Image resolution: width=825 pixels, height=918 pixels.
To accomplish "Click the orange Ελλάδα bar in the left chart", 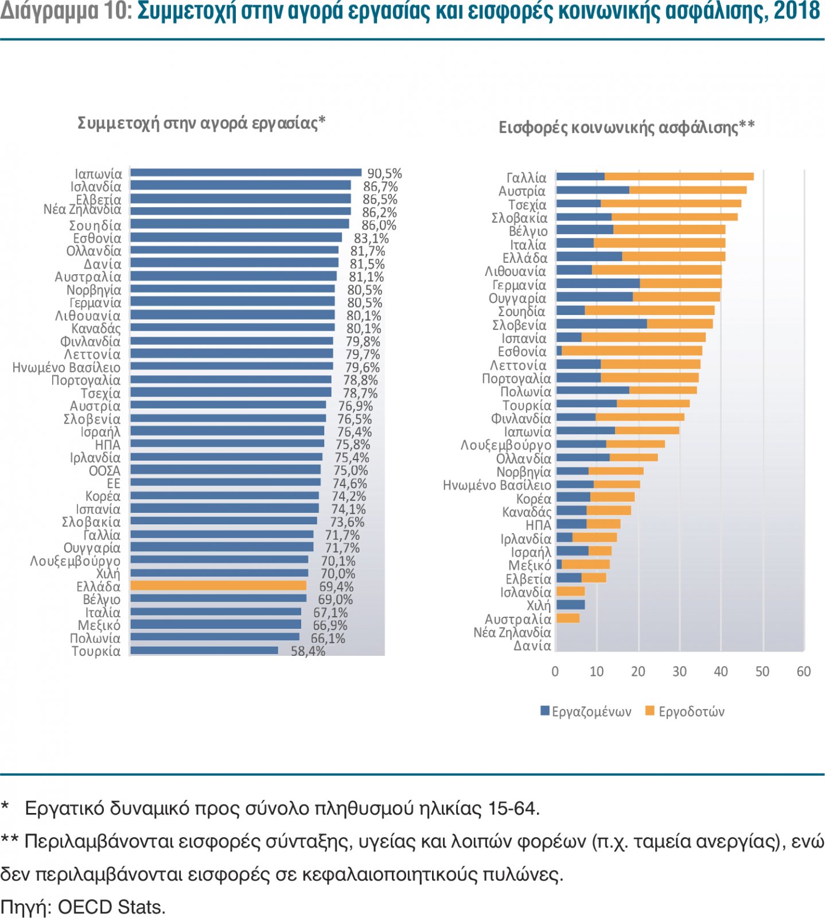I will pyautogui.click(x=218, y=586).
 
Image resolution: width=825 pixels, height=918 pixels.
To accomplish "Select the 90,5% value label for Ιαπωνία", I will pyautogui.click(x=384, y=173).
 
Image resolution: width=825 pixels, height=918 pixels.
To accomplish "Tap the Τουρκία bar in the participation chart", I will pyautogui.click(x=204, y=651).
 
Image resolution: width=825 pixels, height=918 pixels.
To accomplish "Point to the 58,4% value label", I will pyautogui.click(x=308, y=651).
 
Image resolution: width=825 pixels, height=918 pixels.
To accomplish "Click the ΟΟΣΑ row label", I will pyautogui.click(x=104, y=470).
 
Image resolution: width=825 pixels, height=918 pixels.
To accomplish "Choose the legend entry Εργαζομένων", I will pyautogui.click(x=586, y=711).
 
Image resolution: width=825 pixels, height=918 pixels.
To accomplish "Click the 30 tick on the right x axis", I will pyautogui.click(x=679, y=671).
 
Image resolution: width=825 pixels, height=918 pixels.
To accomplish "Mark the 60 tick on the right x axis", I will pyautogui.click(x=804, y=671).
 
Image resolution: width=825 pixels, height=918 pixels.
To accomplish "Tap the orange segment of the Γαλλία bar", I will pyautogui.click(x=679, y=177).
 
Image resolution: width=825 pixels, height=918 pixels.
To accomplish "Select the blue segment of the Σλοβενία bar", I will pyautogui.click(x=601, y=324).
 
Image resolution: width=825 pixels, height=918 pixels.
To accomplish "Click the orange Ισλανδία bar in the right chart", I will pyautogui.click(x=570, y=591).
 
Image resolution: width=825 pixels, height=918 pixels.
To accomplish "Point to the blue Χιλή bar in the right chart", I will pyautogui.click(x=570, y=605).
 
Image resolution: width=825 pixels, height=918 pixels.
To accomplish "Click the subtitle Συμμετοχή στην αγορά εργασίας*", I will pyautogui.click(x=201, y=123).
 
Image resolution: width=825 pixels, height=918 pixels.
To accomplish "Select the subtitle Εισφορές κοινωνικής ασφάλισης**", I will pyautogui.click(x=626, y=127).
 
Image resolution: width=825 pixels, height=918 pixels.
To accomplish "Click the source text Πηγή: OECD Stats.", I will pyautogui.click(x=83, y=907).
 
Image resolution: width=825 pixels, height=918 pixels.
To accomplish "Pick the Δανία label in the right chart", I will pyautogui.click(x=532, y=646).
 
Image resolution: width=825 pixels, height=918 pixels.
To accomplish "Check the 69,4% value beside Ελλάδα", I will pyautogui.click(x=336, y=586).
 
